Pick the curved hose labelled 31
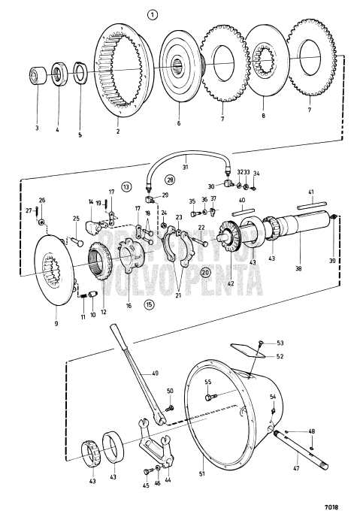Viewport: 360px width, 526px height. click(188, 157)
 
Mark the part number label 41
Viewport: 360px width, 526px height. click(311, 192)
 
